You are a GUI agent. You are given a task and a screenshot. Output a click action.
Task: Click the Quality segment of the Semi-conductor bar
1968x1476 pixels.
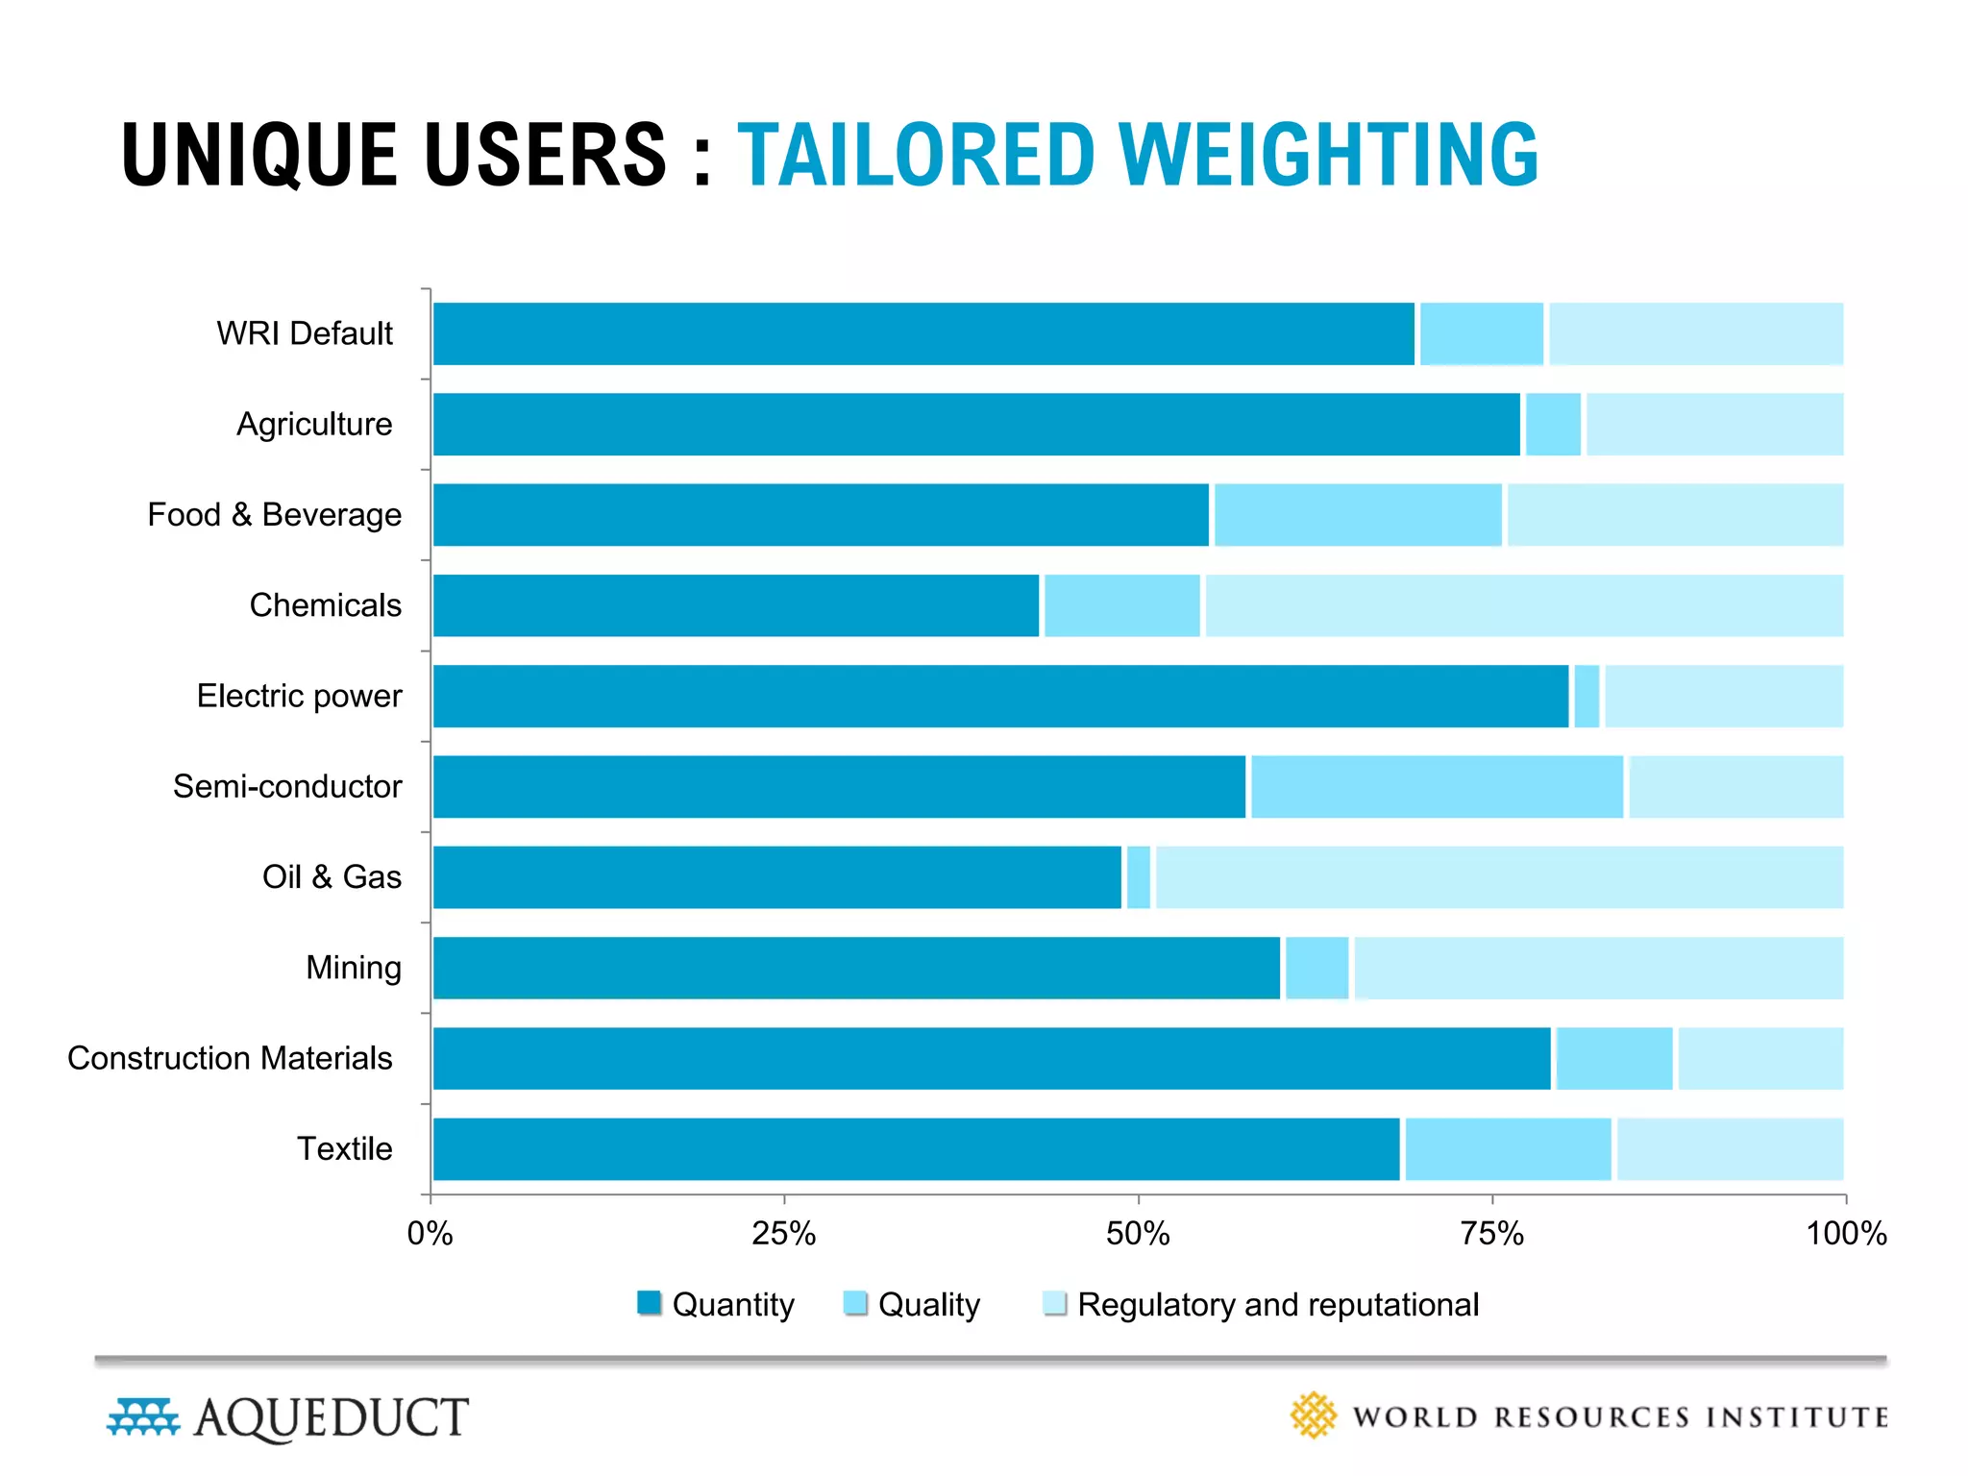[x=1437, y=787]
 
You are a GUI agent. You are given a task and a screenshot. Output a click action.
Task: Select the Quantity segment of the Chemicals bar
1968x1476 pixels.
[x=736, y=605]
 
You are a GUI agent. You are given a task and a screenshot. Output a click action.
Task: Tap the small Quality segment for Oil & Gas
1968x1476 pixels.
[x=1138, y=877]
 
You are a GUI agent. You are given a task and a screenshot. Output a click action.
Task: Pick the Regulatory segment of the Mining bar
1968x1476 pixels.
[x=1598, y=968]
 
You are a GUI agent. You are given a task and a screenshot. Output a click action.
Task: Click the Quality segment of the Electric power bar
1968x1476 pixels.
[x=1587, y=696]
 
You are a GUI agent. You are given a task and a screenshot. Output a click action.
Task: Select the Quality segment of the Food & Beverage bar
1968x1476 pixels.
[x=1358, y=515]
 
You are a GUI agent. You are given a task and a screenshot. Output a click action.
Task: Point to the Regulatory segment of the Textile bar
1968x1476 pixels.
[x=1730, y=1149]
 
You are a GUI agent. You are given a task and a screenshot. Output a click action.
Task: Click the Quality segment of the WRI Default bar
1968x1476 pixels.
[x=1482, y=333]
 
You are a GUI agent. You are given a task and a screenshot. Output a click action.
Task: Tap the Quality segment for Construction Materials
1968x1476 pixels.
[x=1614, y=1058]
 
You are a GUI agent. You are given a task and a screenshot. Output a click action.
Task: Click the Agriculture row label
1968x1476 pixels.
[x=314, y=424]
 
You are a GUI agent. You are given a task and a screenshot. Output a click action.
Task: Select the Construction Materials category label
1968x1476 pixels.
[x=230, y=1058]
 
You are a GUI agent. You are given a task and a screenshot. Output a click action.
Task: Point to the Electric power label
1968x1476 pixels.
[x=299, y=696]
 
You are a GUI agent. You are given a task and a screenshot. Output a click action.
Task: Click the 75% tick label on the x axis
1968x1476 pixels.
[x=1491, y=1234]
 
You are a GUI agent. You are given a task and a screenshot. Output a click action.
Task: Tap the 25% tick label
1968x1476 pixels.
[x=783, y=1234]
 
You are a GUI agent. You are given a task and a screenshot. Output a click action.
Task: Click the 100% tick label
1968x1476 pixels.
[x=1846, y=1234]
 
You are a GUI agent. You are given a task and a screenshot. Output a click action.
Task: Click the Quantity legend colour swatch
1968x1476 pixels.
[x=650, y=1303]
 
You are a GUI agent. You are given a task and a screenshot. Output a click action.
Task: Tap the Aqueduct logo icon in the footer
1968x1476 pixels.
[x=143, y=1417]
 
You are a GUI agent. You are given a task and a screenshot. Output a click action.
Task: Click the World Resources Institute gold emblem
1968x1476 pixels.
[x=1313, y=1415]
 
